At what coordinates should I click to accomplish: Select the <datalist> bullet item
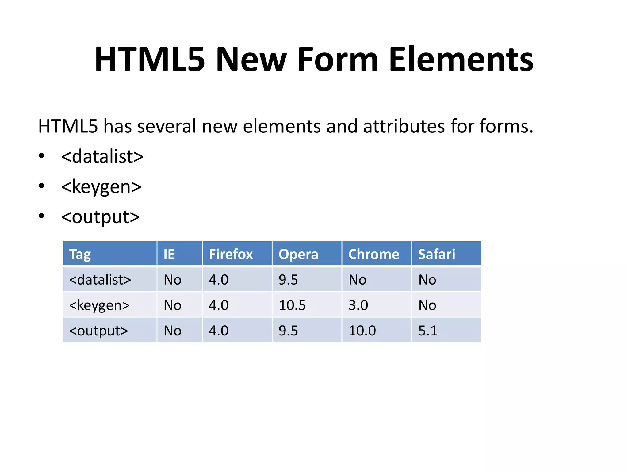coord(102,156)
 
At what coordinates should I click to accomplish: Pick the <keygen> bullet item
coord(101,187)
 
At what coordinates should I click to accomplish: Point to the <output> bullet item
coord(100,217)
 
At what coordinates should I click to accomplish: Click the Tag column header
coord(80,254)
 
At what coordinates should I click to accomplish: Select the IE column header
coord(169,254)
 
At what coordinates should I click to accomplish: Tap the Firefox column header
coord(231,254)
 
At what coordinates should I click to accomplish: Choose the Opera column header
coord(298,254)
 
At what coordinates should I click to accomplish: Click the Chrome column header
coord(374,254)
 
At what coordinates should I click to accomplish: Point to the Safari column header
coord(437,254)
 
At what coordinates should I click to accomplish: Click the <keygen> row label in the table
coord(99,305)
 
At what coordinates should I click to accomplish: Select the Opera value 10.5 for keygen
coord(292,305)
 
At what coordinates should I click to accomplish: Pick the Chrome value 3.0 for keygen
coord(358,305)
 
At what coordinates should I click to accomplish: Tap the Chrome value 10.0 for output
coord(362,331)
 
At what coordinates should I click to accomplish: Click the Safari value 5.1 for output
coord(428,331)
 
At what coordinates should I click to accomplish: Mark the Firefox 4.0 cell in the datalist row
coord(219,280)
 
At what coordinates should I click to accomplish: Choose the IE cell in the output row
coord(172,331)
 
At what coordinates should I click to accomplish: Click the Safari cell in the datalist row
coord(427,280)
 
